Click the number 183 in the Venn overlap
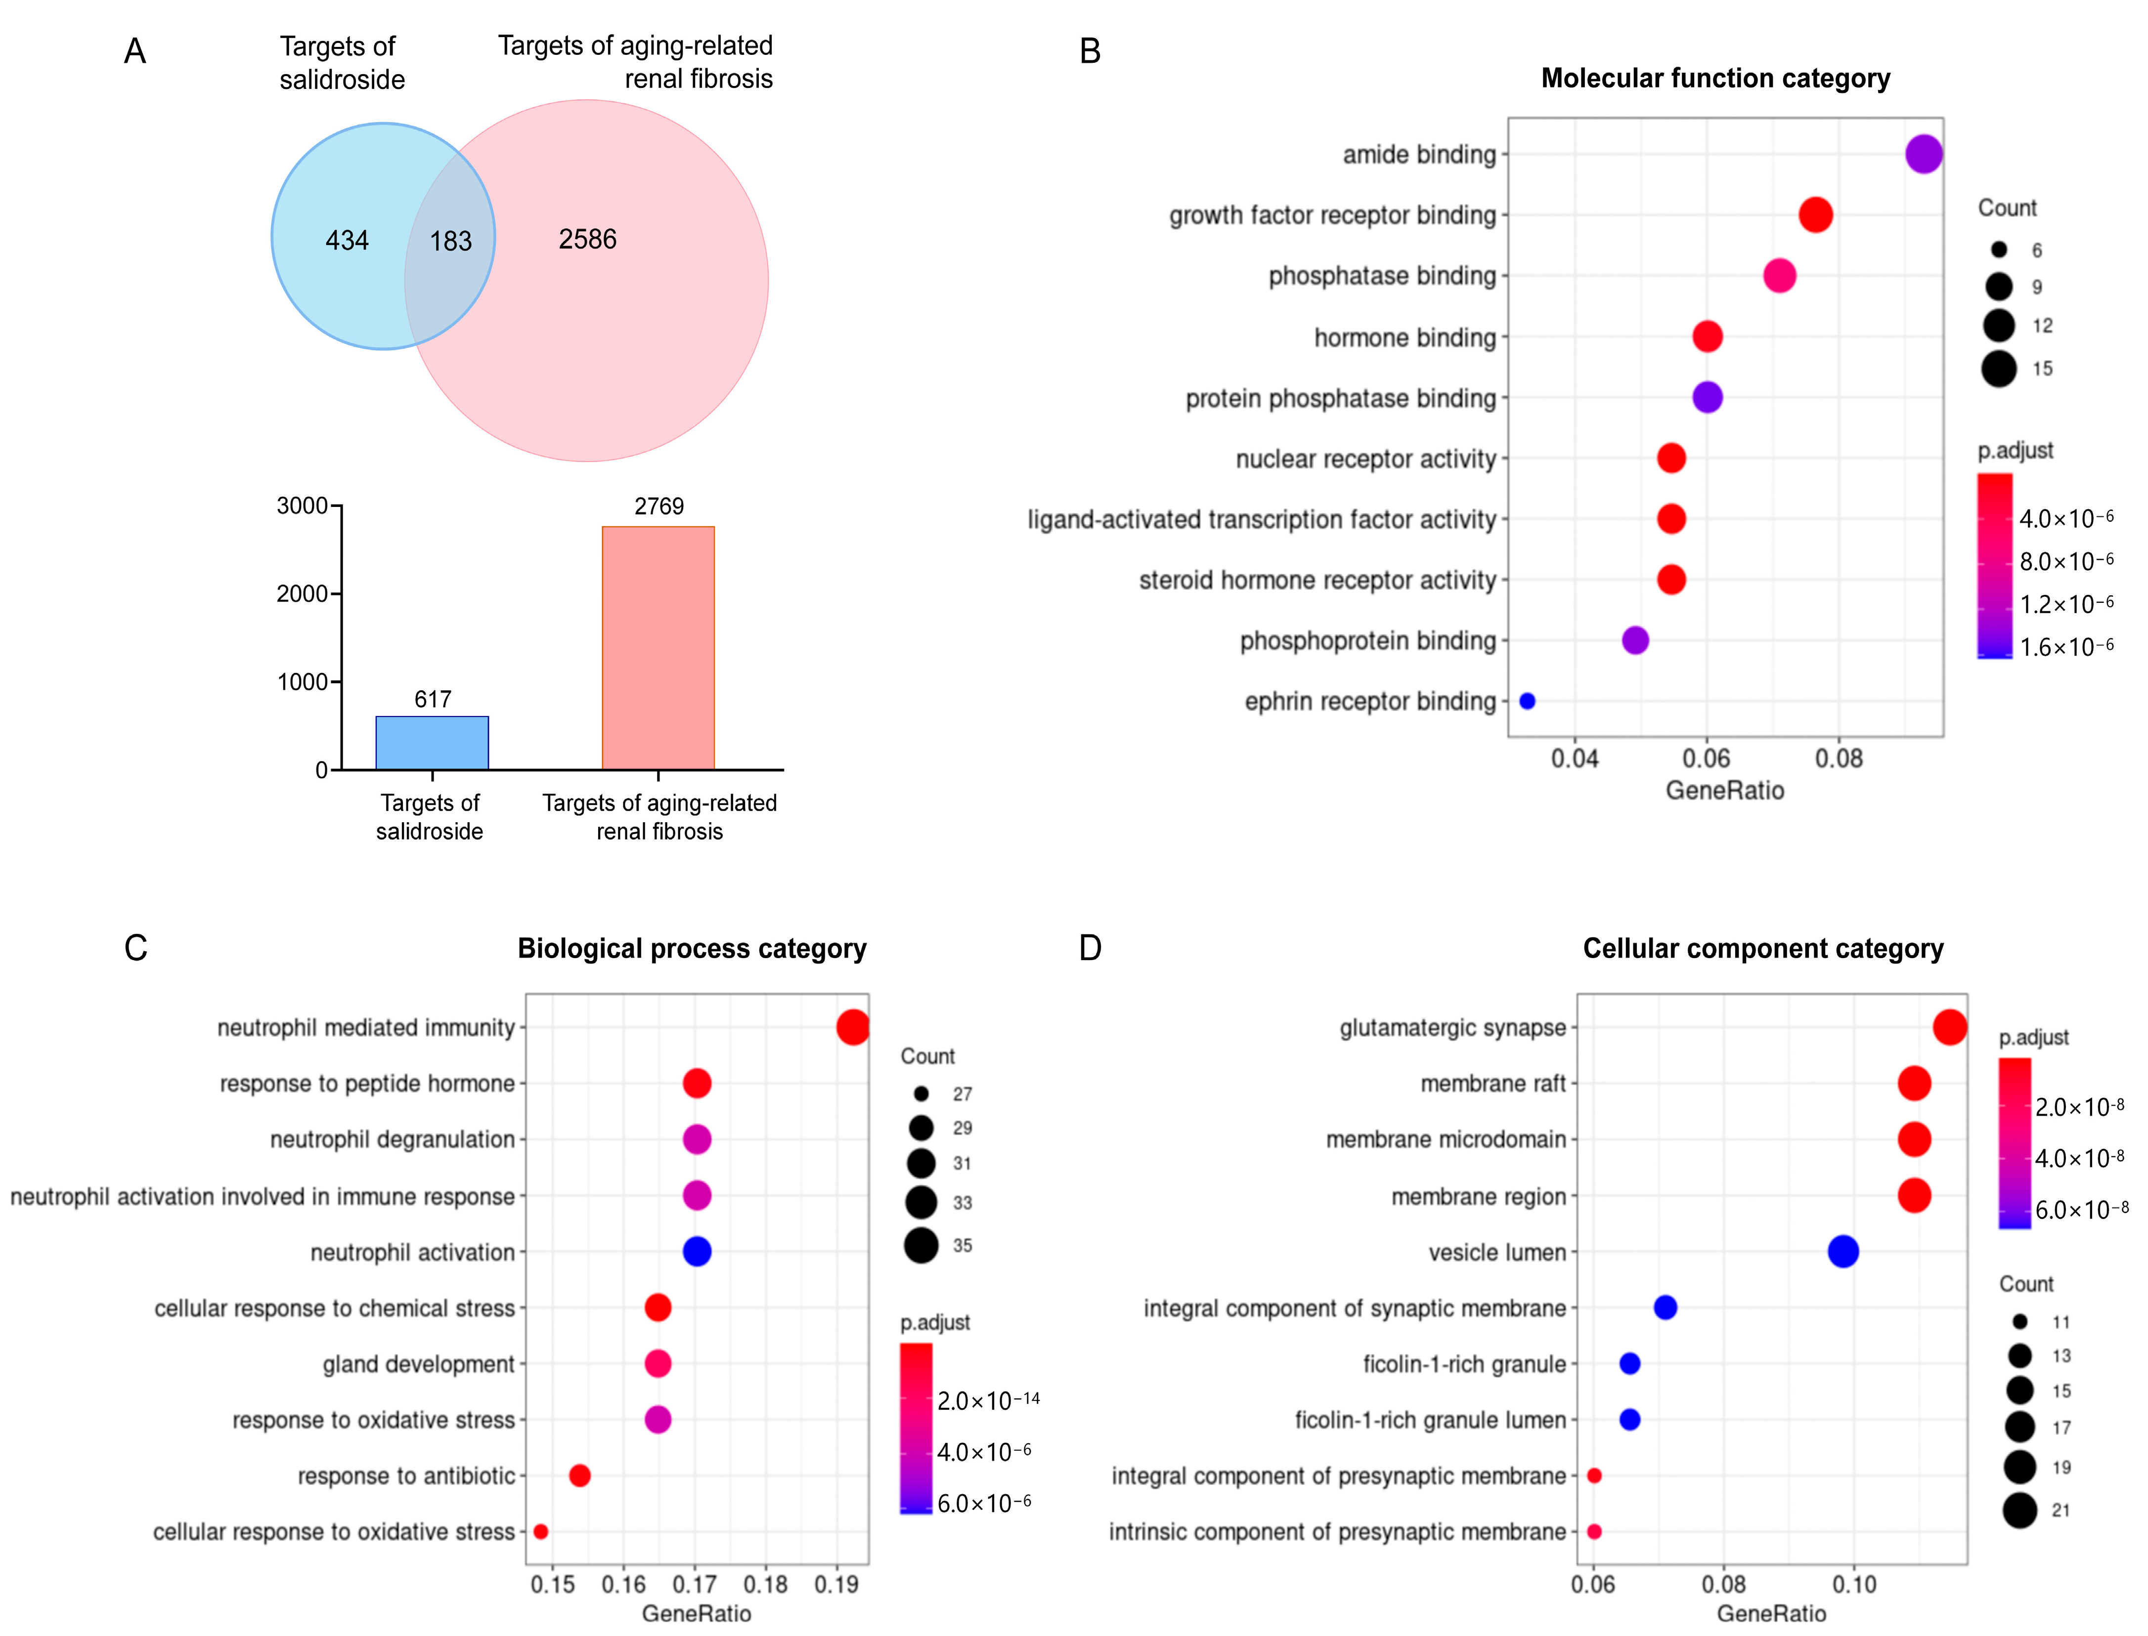(451, 241)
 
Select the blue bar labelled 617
(432, 743)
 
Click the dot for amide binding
(1923, 154)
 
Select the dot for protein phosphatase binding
(1707, 397)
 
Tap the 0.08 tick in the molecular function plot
(1838, 758)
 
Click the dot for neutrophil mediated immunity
(852, 1027)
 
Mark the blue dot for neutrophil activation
(697, 1252)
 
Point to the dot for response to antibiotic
(579, 1475)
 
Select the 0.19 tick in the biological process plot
(836, 1585)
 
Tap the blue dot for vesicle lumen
(1843, 1252)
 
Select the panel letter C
(135, 948)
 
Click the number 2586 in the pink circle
(587, 240)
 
